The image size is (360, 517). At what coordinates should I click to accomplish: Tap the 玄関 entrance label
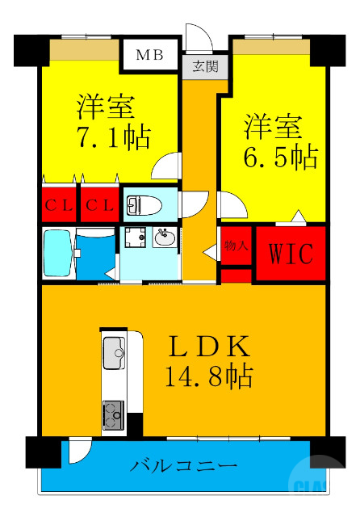click(199, 66)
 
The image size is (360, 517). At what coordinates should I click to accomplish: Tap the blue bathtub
click(57, 253)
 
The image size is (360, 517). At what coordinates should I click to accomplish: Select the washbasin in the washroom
click(165, 237)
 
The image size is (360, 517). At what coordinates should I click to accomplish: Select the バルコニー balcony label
click(184, 467)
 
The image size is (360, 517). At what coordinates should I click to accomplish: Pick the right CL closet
click(99, 204)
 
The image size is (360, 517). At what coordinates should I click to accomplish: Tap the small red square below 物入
click(236, 275)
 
